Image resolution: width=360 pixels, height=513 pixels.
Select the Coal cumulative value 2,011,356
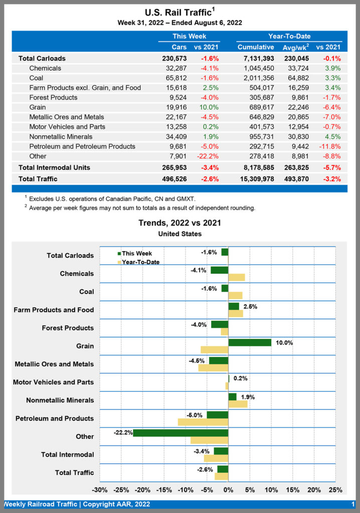(x=255, y=78)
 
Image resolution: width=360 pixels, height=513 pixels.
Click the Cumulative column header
(x=255, y=47)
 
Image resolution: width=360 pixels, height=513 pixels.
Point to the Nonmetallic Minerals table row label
(x=61, y=137)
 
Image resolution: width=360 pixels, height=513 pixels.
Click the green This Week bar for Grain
(x=250, y=343)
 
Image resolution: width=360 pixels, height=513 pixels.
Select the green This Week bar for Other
(x=181, y=433)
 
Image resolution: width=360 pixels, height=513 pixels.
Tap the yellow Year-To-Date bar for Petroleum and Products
(x=203, y=422)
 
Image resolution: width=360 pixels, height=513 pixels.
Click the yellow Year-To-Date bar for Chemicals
(x=237, y=278)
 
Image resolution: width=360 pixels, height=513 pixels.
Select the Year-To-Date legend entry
(x=141, y=262)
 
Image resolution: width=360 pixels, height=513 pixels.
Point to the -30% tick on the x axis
(x=100, y=489)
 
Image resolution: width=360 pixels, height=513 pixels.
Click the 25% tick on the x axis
(x=335, y=489)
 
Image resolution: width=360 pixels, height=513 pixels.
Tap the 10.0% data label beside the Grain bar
(x=284, y=343)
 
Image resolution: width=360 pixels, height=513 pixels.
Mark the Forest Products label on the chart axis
(x=67, y=328)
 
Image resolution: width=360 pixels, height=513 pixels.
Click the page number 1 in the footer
(x=353, y=504)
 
